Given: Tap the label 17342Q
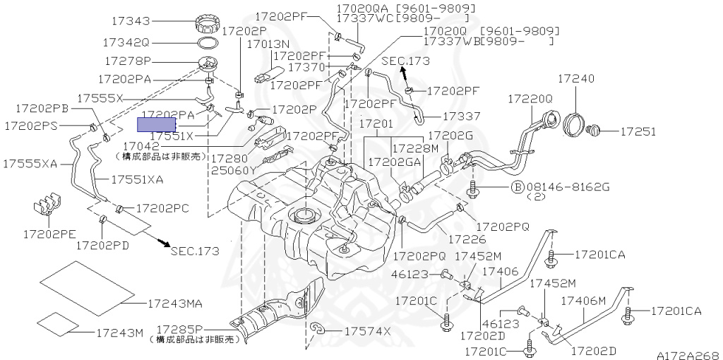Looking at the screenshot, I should click(127, 42).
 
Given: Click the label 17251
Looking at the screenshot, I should click(638, 131).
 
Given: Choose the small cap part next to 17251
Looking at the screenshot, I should click(594, 130).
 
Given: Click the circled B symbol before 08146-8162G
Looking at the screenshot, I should click(516, 188).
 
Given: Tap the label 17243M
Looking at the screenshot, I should click(120, 332).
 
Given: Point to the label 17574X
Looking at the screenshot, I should click(368, 331).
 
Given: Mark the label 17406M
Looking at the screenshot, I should click(583, 301).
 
